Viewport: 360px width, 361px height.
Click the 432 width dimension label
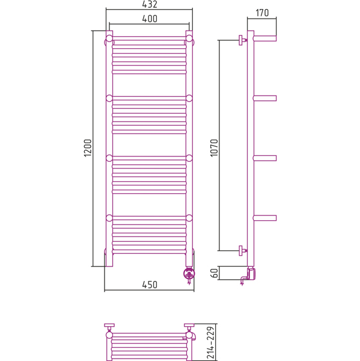click(150, 4)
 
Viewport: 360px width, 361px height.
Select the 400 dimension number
click(150, 19)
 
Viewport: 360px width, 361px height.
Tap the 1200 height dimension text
click(88, 148)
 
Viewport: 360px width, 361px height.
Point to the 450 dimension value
click(150, 285)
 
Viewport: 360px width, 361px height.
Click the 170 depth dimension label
click(262, 13)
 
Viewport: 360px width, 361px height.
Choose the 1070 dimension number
click(214, 148)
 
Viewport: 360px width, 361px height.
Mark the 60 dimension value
click(214, 273)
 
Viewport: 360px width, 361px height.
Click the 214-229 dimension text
click(211, 342)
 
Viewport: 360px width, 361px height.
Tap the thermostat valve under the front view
click(189, 275)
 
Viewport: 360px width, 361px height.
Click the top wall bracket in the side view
click(242, 40)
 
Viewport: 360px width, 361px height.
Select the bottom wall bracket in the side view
click(242, 250)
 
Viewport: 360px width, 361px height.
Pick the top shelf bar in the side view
click(265, 39)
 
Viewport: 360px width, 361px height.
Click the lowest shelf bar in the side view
click(265, 218)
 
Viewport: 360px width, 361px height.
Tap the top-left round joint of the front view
click(109, 39)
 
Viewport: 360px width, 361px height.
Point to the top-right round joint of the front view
click(189, 39)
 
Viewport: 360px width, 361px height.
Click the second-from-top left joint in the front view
click(109, 98)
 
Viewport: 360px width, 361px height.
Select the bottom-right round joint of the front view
click(189, 218)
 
